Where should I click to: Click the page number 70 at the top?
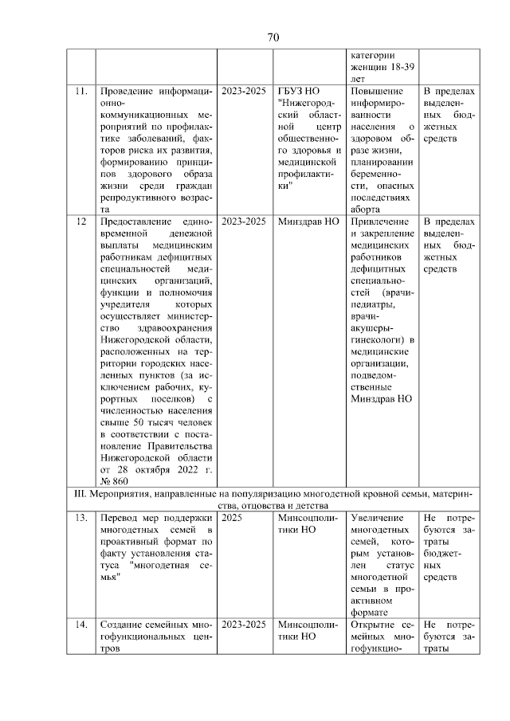tap(273, 37)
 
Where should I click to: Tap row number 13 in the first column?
tap(80, 518)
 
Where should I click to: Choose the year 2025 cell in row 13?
tap(232, 518)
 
